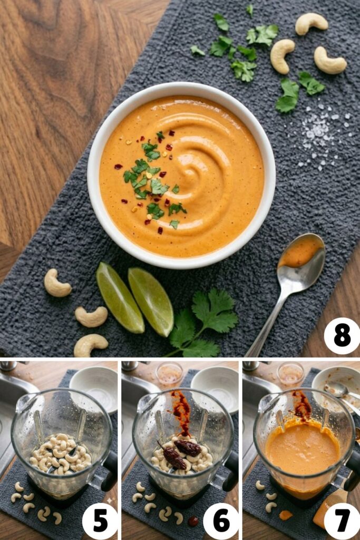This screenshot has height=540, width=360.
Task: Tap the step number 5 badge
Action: tap(100, 520)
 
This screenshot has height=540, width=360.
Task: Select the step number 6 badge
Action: tap(221, 520)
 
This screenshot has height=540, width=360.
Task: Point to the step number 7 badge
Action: tap(342, 520)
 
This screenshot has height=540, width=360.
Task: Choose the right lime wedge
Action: tap(151, 301)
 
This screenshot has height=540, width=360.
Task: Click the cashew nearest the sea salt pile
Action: tap(330, 61)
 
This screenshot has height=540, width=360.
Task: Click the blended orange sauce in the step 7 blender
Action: tap(301, 448)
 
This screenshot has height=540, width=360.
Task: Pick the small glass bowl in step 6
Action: tap(169, 374)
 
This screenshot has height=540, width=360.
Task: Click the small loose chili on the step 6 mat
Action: tap(193, 521)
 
